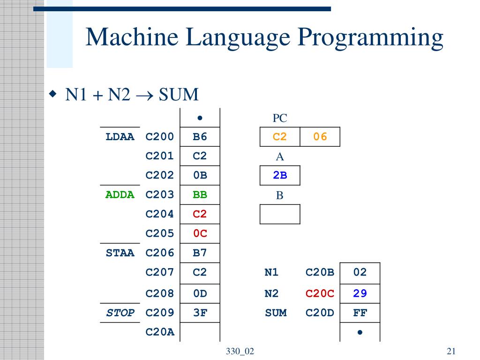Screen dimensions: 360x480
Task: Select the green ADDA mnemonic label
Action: [x=120, y=195]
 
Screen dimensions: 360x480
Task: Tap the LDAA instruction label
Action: [x=120, y=137]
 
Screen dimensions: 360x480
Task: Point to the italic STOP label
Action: [x=120, y=313]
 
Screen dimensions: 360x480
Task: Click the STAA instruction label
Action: [x=120, y=253]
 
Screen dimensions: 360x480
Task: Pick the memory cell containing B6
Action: [x=200, y=137]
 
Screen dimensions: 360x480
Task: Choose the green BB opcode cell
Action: [x=200, y=195]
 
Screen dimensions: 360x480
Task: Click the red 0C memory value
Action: [x=200, y=233]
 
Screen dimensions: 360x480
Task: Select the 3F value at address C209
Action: [x=200, y=313]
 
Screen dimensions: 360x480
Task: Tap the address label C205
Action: [x=160, y=233]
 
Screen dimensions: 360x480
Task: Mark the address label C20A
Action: [x=160, y=332]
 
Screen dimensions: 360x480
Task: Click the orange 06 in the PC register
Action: [x=320, y=137]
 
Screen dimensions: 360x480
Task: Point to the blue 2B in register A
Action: [x=280, y=175]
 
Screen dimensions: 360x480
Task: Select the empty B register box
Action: [x=280, y=214]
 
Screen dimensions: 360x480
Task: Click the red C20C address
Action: [x=320, y=293]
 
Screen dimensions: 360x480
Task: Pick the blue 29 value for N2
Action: [x=360, y=293]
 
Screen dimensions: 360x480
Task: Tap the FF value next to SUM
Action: [x=360, y=313]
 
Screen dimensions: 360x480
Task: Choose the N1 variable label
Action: [x=271, y=272]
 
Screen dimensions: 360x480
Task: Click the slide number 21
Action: [x=451, y=352]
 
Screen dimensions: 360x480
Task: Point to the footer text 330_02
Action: [x=240, y=352]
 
